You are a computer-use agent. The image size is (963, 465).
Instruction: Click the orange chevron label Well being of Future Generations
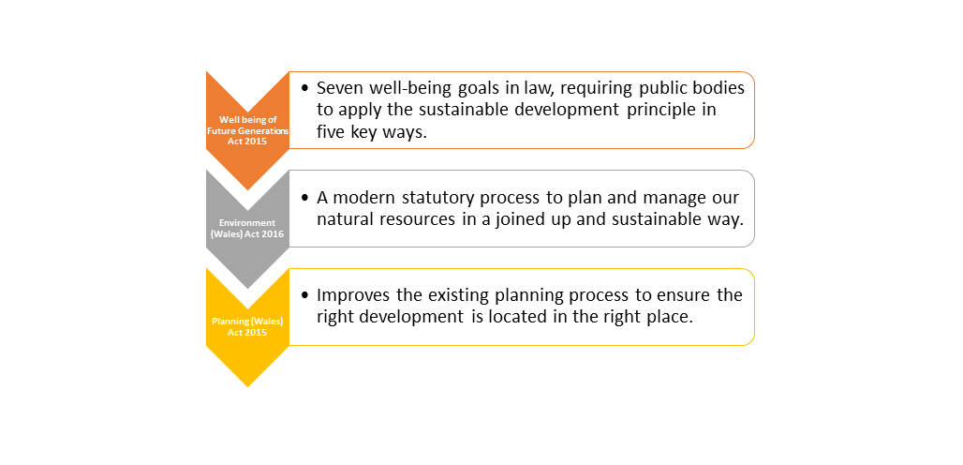point(247,130)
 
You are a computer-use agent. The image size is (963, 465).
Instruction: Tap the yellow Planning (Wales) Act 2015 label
point(247,326)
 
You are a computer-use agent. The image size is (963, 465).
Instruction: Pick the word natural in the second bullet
point(344,221)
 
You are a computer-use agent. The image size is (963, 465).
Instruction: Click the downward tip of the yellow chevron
point(247,384)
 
